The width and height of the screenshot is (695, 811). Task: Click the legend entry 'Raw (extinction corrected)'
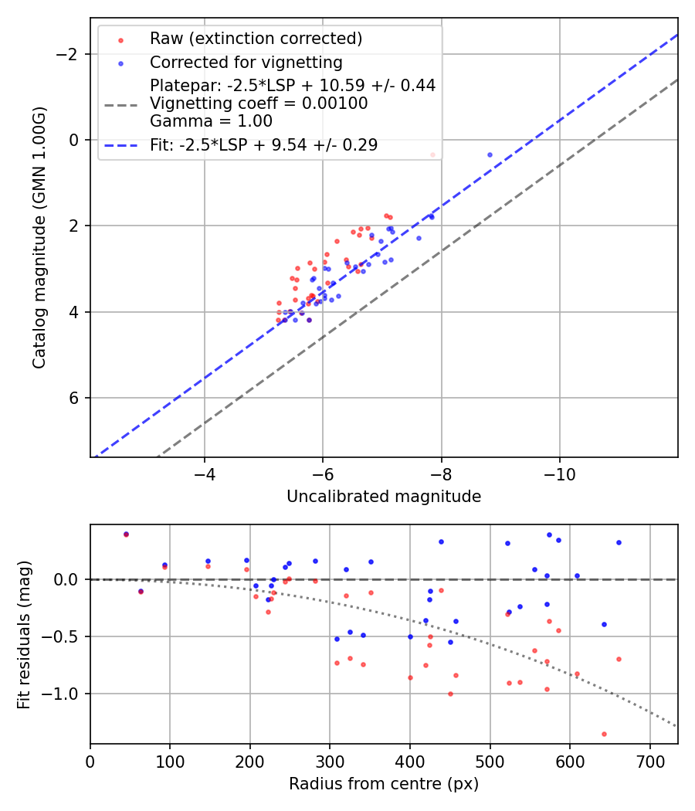(x=256, y=39)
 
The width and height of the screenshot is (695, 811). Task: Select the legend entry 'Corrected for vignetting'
(x=246, y=62)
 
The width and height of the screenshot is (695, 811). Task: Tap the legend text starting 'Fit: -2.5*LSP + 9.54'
(x=263, y=145)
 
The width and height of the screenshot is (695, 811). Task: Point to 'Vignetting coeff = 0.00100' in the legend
(x=259, y=103)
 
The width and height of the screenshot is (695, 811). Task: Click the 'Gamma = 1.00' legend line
(x=211, y=121)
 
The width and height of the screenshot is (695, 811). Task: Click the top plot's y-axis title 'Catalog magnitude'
(x=39, y=236)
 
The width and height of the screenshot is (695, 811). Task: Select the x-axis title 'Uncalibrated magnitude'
(x=384, y=497)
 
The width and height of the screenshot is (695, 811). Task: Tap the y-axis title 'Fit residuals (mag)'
(x=24, y=634)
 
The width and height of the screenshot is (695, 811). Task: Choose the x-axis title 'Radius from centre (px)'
(x=384, y=784)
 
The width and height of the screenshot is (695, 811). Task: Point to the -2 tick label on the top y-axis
(x=67, y=54)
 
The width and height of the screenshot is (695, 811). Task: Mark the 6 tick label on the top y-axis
(x=75, y=398)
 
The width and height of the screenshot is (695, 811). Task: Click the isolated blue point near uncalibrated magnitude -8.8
(x=490, y=154)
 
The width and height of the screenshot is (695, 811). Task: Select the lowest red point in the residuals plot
(x=604, y=734)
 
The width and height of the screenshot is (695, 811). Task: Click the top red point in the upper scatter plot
(x=432, y=154)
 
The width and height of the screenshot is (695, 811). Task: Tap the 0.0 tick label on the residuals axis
(x=67, y=579)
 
